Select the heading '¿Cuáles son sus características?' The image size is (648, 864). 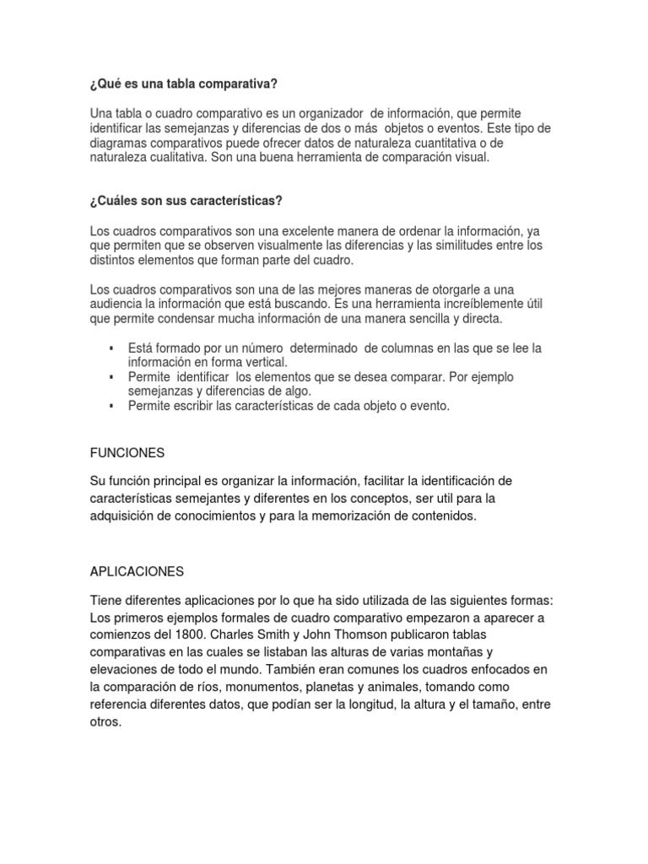pos(185,200)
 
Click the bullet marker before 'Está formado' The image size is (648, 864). pos(111,348)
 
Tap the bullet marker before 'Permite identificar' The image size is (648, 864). pos(111,376)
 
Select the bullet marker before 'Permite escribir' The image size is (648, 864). pos(111,406)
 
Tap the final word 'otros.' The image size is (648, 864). pos(106,722)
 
